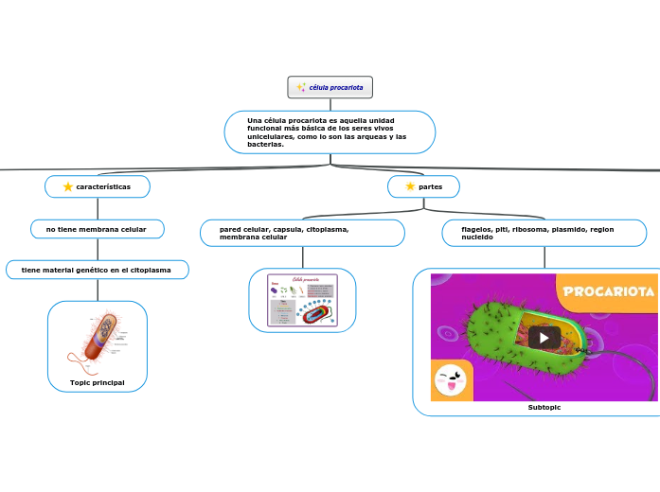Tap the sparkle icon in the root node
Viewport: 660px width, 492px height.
(301, 87)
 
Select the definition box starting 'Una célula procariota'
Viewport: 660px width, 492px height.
(330, 132)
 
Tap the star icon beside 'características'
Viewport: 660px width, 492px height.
(68, 187)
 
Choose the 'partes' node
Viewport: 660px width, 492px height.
(424, 186)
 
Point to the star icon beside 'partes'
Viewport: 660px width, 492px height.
(409, 186)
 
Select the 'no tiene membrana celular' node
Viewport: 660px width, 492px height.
(98, 229)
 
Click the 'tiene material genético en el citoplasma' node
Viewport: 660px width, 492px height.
(98, 270)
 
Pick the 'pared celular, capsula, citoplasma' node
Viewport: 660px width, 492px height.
(302, 233)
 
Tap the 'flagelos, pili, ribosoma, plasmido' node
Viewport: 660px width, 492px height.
(544, 233)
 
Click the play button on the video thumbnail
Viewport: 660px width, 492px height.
(544, 338)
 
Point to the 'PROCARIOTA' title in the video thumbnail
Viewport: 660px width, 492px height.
(609, 291)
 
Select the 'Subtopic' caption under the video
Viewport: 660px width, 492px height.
(544, 407)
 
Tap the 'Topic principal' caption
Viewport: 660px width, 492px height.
(98, 382)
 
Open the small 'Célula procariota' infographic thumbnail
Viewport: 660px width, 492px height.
(303, 300)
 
